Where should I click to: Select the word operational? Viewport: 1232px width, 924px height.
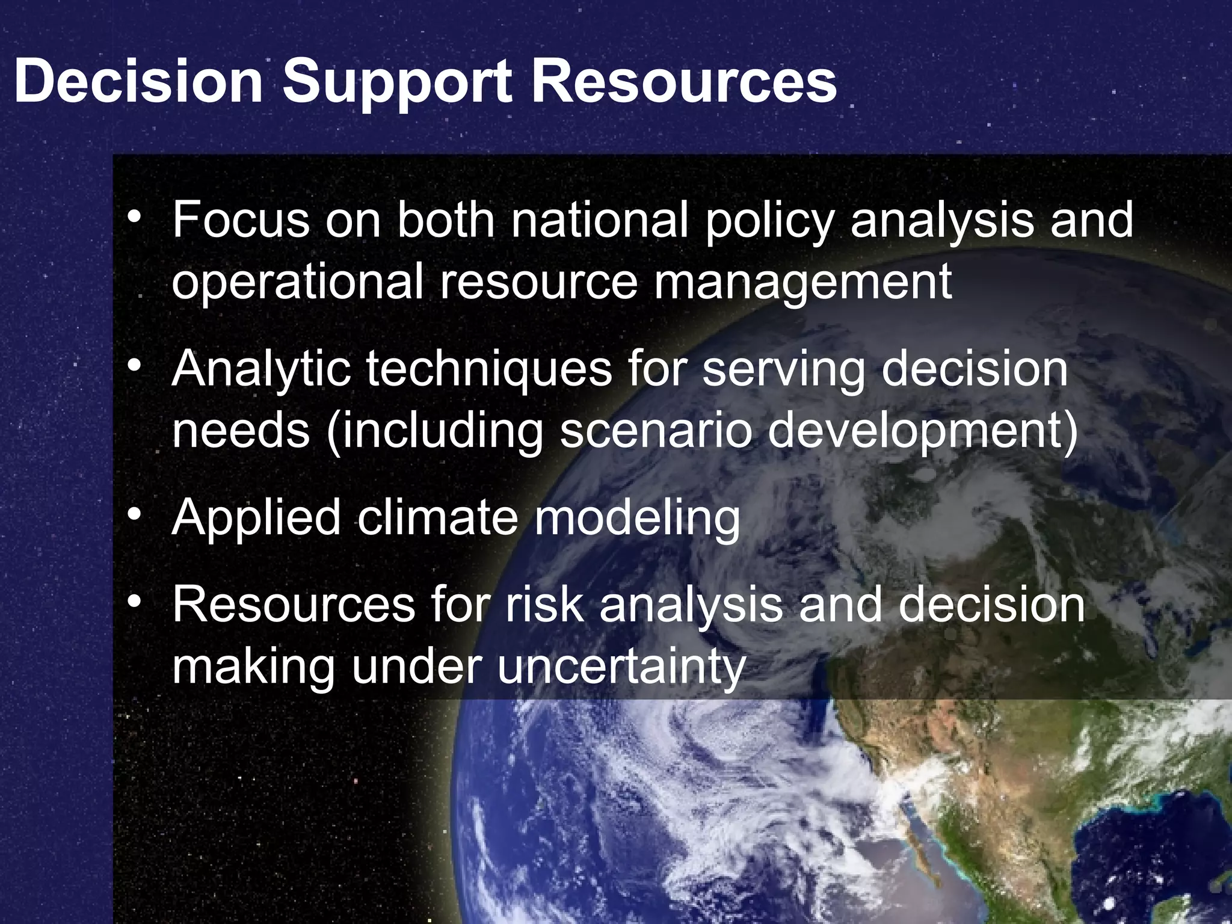(x=298, y=283)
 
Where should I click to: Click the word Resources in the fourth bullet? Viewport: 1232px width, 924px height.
(x=294, y=605)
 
